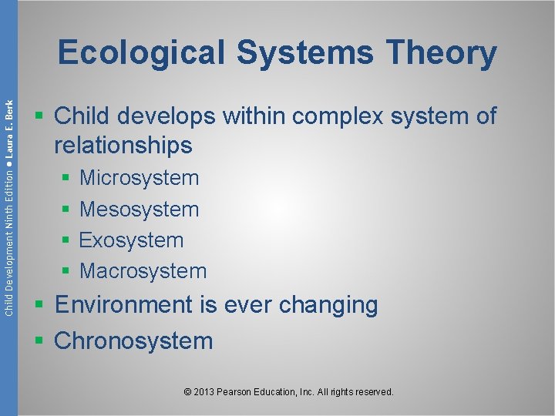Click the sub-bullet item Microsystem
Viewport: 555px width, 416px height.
click(x=140, y=178)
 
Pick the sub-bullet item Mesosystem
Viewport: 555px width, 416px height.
click(x=140, y=209)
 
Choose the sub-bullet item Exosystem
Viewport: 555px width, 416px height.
click(x=132, y=240)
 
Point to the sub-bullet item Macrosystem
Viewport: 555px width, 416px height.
click(x=143, y=271)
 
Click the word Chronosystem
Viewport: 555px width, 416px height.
click(x=133, y=341)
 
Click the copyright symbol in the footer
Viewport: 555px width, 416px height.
click(x=188, y=392)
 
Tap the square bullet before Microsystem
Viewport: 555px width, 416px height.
click(x=66, y=179)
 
